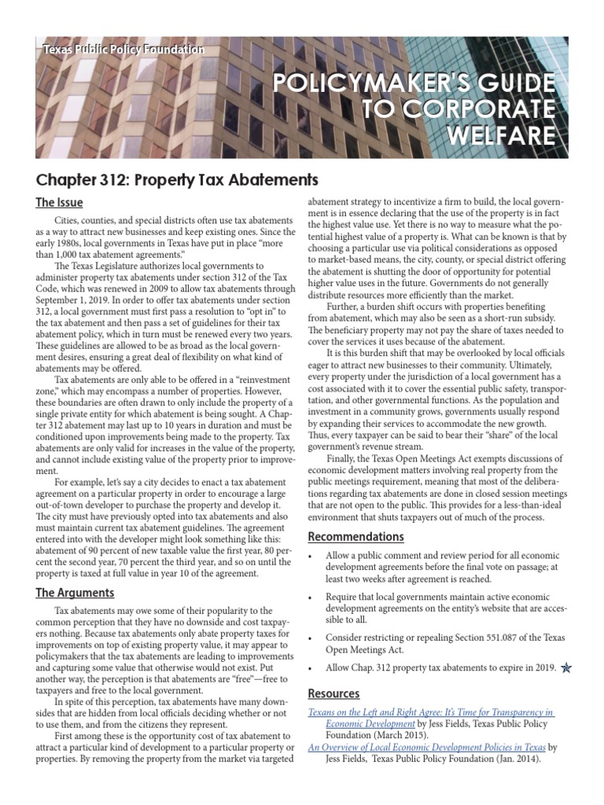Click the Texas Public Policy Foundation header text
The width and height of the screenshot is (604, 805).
123,50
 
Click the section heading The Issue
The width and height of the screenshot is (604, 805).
59,203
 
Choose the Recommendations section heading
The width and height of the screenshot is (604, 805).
355,537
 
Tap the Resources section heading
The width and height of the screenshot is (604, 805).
333,693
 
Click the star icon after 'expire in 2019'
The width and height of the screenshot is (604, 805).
567,667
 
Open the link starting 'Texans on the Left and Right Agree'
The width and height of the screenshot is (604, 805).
431,712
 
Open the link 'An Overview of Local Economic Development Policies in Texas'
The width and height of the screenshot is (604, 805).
425,748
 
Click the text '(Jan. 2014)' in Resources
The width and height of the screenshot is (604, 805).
521,759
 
